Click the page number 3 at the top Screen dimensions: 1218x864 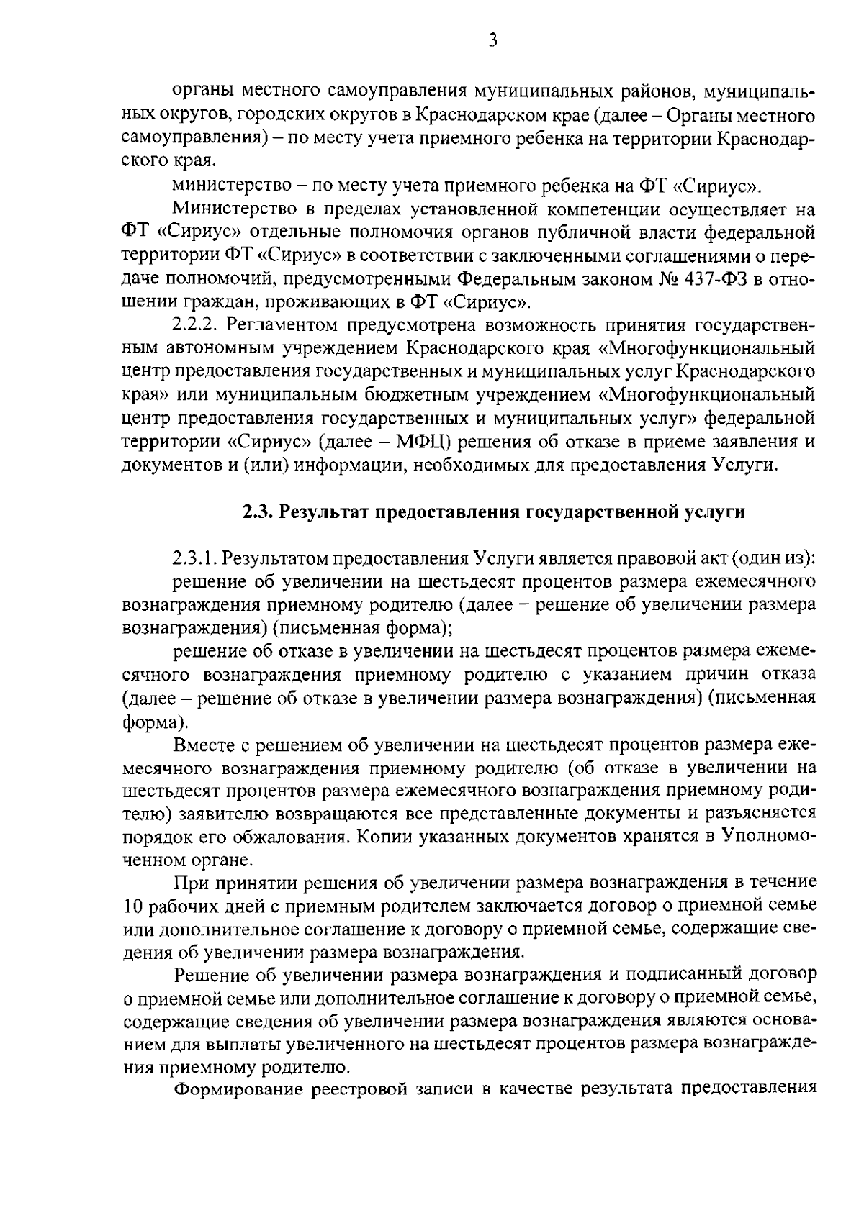tap(492, 41)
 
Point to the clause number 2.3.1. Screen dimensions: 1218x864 tap(195, 558)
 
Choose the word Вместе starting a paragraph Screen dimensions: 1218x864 tap(205, 743)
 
